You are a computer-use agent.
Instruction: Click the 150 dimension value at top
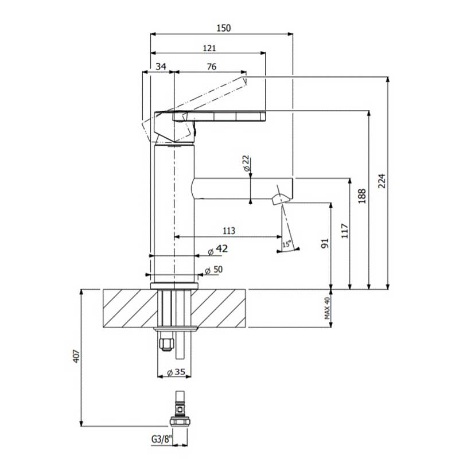pos(224,28)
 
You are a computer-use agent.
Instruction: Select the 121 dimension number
pos(209,48)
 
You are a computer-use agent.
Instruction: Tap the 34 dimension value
pos(161,67)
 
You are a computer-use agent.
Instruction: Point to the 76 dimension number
pos(211,67)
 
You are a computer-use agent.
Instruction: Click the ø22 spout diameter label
pos(247,164)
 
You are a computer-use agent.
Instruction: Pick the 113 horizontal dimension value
pos(229,231)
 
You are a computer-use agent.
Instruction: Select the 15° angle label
pos(287,243)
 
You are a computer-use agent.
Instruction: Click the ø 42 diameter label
pos(218,250)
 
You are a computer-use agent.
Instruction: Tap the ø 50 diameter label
pos(213,270)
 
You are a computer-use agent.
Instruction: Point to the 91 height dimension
pos(325,243)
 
